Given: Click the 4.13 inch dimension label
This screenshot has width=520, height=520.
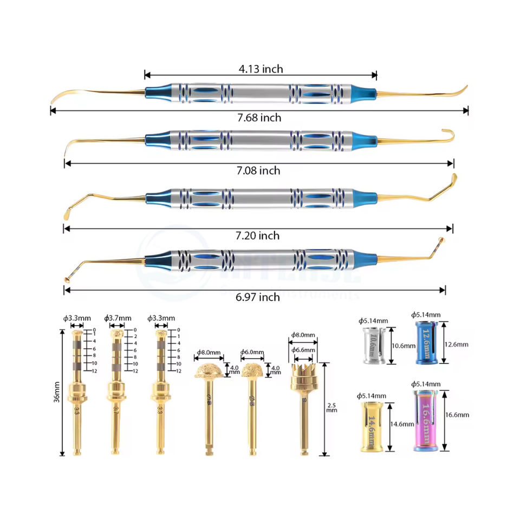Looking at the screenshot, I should coord(261,69).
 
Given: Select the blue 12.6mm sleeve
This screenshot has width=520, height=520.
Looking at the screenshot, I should coord(426,342).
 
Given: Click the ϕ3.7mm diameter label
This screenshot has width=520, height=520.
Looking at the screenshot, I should coord(118,317).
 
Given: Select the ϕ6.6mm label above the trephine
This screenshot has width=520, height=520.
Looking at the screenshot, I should coord(303,350).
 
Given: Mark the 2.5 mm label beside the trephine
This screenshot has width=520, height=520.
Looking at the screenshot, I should coord(331,407).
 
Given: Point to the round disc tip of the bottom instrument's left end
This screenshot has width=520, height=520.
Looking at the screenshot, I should coord(67,279).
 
